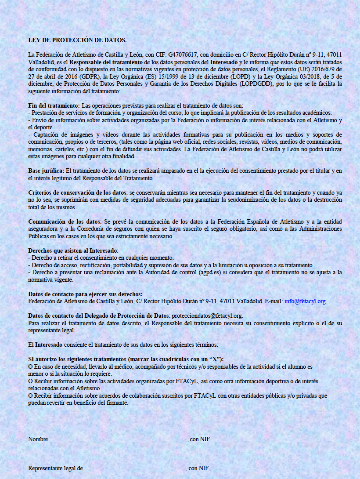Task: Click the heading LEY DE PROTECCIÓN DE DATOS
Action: click(77, 40)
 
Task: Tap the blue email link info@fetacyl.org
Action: click(305, 301)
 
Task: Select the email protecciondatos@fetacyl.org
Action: click(207, 316)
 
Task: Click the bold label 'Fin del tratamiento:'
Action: click(54, 105)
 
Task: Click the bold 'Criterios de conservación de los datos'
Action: click(77, 192)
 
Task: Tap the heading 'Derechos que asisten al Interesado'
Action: click(70, 250)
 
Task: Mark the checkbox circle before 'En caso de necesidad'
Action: click(30, 366)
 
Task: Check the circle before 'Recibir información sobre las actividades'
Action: click(30, 381)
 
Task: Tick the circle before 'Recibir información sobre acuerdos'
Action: click(30, 396)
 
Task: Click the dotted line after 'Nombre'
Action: click(119, 439)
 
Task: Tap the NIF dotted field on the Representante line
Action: click(232, 468)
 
